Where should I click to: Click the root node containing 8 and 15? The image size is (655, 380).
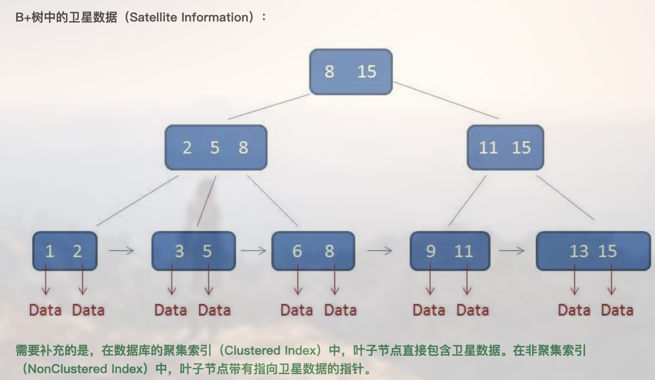tap(351, 72)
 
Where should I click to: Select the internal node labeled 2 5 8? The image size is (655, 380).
tap(216, 147)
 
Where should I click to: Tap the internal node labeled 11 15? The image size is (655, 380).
tap(505, 147)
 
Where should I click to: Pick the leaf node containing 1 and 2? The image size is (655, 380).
tap(65, 251)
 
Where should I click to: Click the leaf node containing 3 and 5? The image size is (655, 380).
tap(194, 251)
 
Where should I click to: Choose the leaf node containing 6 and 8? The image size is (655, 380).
tap(313, 251)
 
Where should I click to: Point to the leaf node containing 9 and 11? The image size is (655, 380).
tap(450, 251)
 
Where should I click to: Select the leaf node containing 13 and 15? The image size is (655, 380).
tap(593, 251)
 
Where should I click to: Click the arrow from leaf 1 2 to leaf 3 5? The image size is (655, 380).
tap(121, 251)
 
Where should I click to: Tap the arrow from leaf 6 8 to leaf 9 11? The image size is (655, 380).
tap(379, 251)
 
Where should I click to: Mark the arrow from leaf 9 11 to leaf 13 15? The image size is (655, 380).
tap(512, 251)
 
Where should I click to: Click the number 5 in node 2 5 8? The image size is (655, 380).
tap(215, 147)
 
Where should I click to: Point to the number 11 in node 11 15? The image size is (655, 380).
tap(488, 147)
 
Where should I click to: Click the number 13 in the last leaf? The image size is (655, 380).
tap(579, 251)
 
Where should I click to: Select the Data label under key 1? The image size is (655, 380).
tap(45, 310)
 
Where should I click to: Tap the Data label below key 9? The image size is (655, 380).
tap(429, 310)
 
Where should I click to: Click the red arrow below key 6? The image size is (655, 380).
tap(298, 279)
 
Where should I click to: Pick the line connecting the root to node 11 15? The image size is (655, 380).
tap(446, 100)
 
